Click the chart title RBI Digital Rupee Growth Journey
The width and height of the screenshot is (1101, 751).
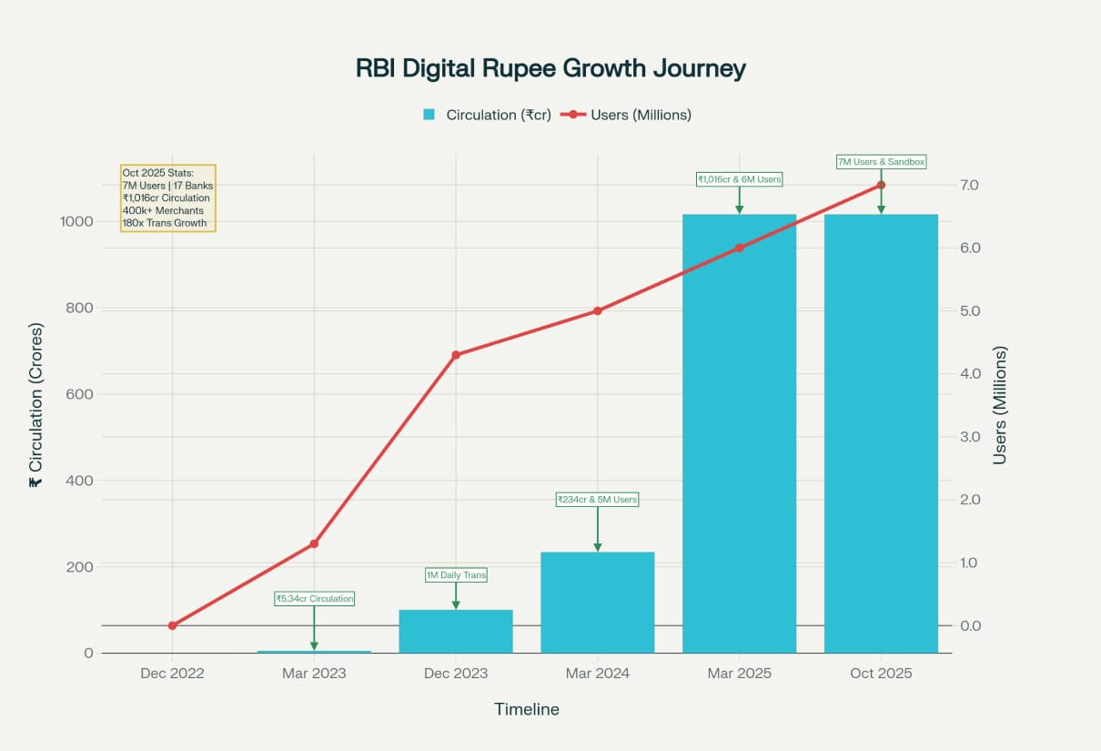[x=550, y=69]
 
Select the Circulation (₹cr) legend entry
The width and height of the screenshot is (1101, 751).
[x=487, y=115]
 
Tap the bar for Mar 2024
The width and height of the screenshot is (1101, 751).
[x=597, y=603]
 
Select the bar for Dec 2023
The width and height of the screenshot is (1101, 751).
[x=456, y=631]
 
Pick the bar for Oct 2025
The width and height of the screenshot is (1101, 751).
[x=881, y=433]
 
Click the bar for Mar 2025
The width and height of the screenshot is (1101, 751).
[x=739, y=433]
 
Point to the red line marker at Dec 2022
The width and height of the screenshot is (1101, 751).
[x=172, y=625]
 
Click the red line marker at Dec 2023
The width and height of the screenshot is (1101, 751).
[x=456, y=355]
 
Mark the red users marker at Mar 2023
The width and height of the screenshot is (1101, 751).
[x=314, y=543]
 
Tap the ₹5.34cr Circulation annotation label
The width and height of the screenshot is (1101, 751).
[x=314, y=599]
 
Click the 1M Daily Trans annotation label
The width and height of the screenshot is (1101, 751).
[x=456, y=575]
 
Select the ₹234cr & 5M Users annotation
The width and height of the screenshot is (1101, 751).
[x=597, y=500]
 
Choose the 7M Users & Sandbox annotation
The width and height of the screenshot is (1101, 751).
[x=881, y=162]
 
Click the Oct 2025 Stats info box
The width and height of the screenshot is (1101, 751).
[x=167, y=198]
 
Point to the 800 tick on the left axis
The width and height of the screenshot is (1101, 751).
[x=79, y=308]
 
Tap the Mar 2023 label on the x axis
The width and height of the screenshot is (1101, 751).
[x=314, y=674]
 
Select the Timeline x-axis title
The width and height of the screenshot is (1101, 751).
[x=526, y=709]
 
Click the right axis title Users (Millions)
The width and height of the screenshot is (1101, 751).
[x=1000, y=405]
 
